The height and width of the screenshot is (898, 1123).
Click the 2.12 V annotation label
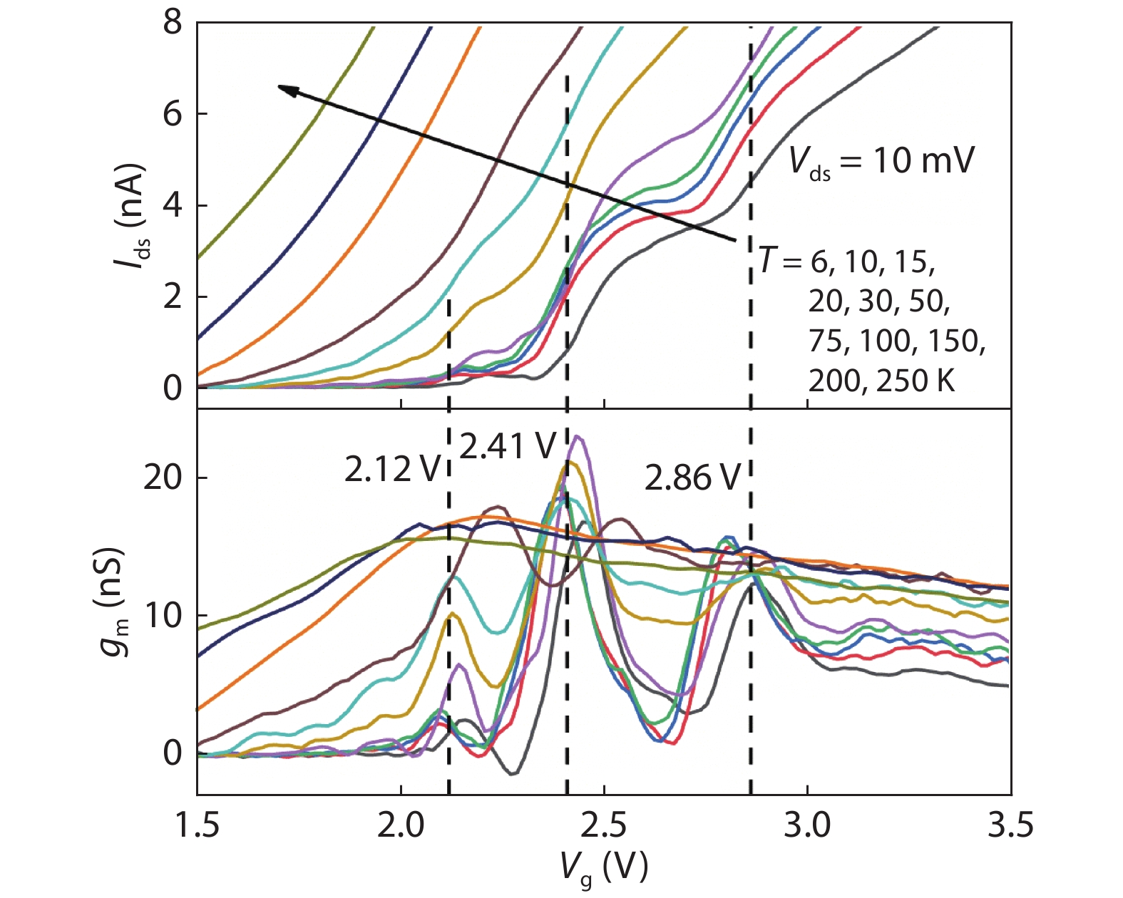pyautogui.click(x=391, y=470)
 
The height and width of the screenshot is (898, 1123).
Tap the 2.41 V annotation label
pyautogui.click(x=507, y=446)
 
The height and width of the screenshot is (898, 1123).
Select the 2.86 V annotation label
pyautogui.click(x=692, y=477)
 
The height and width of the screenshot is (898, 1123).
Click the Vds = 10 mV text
pyautogui.click(x=881, y=162)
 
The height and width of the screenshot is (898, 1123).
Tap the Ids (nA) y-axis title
pyautogui.click(x=131, y=217)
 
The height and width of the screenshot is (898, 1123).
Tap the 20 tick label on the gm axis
pyautogui.click(x=163, y=478)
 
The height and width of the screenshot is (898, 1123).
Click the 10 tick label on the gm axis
pyautogui.click(x=163, y=615)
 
